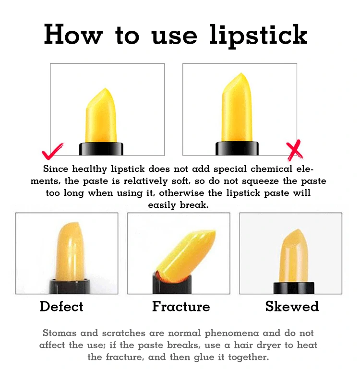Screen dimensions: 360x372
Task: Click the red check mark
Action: coord(52,152)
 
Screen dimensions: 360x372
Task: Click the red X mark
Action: coord(294,150)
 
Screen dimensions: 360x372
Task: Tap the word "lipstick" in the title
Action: coord(258,36)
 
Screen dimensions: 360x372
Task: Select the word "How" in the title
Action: coord(73,34)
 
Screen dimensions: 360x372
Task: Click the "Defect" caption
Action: coord(62,306)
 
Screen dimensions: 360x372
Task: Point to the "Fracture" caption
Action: coord(181,306)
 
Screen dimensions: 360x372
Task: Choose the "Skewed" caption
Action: coord(292,306)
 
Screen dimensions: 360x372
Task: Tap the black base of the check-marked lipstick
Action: coord(101,149)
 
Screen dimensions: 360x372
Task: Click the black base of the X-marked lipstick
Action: coord(237,148)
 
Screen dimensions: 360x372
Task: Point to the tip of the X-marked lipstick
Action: coord(241,73)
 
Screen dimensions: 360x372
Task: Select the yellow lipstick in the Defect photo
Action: coord(70,252)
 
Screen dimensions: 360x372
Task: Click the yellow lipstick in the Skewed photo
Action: coord(294,256)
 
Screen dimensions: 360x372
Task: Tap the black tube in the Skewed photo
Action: coord(294,288)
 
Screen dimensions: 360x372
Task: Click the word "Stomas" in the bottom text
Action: coord(60,333)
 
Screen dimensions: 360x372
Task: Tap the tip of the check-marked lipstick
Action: coord(106,89)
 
